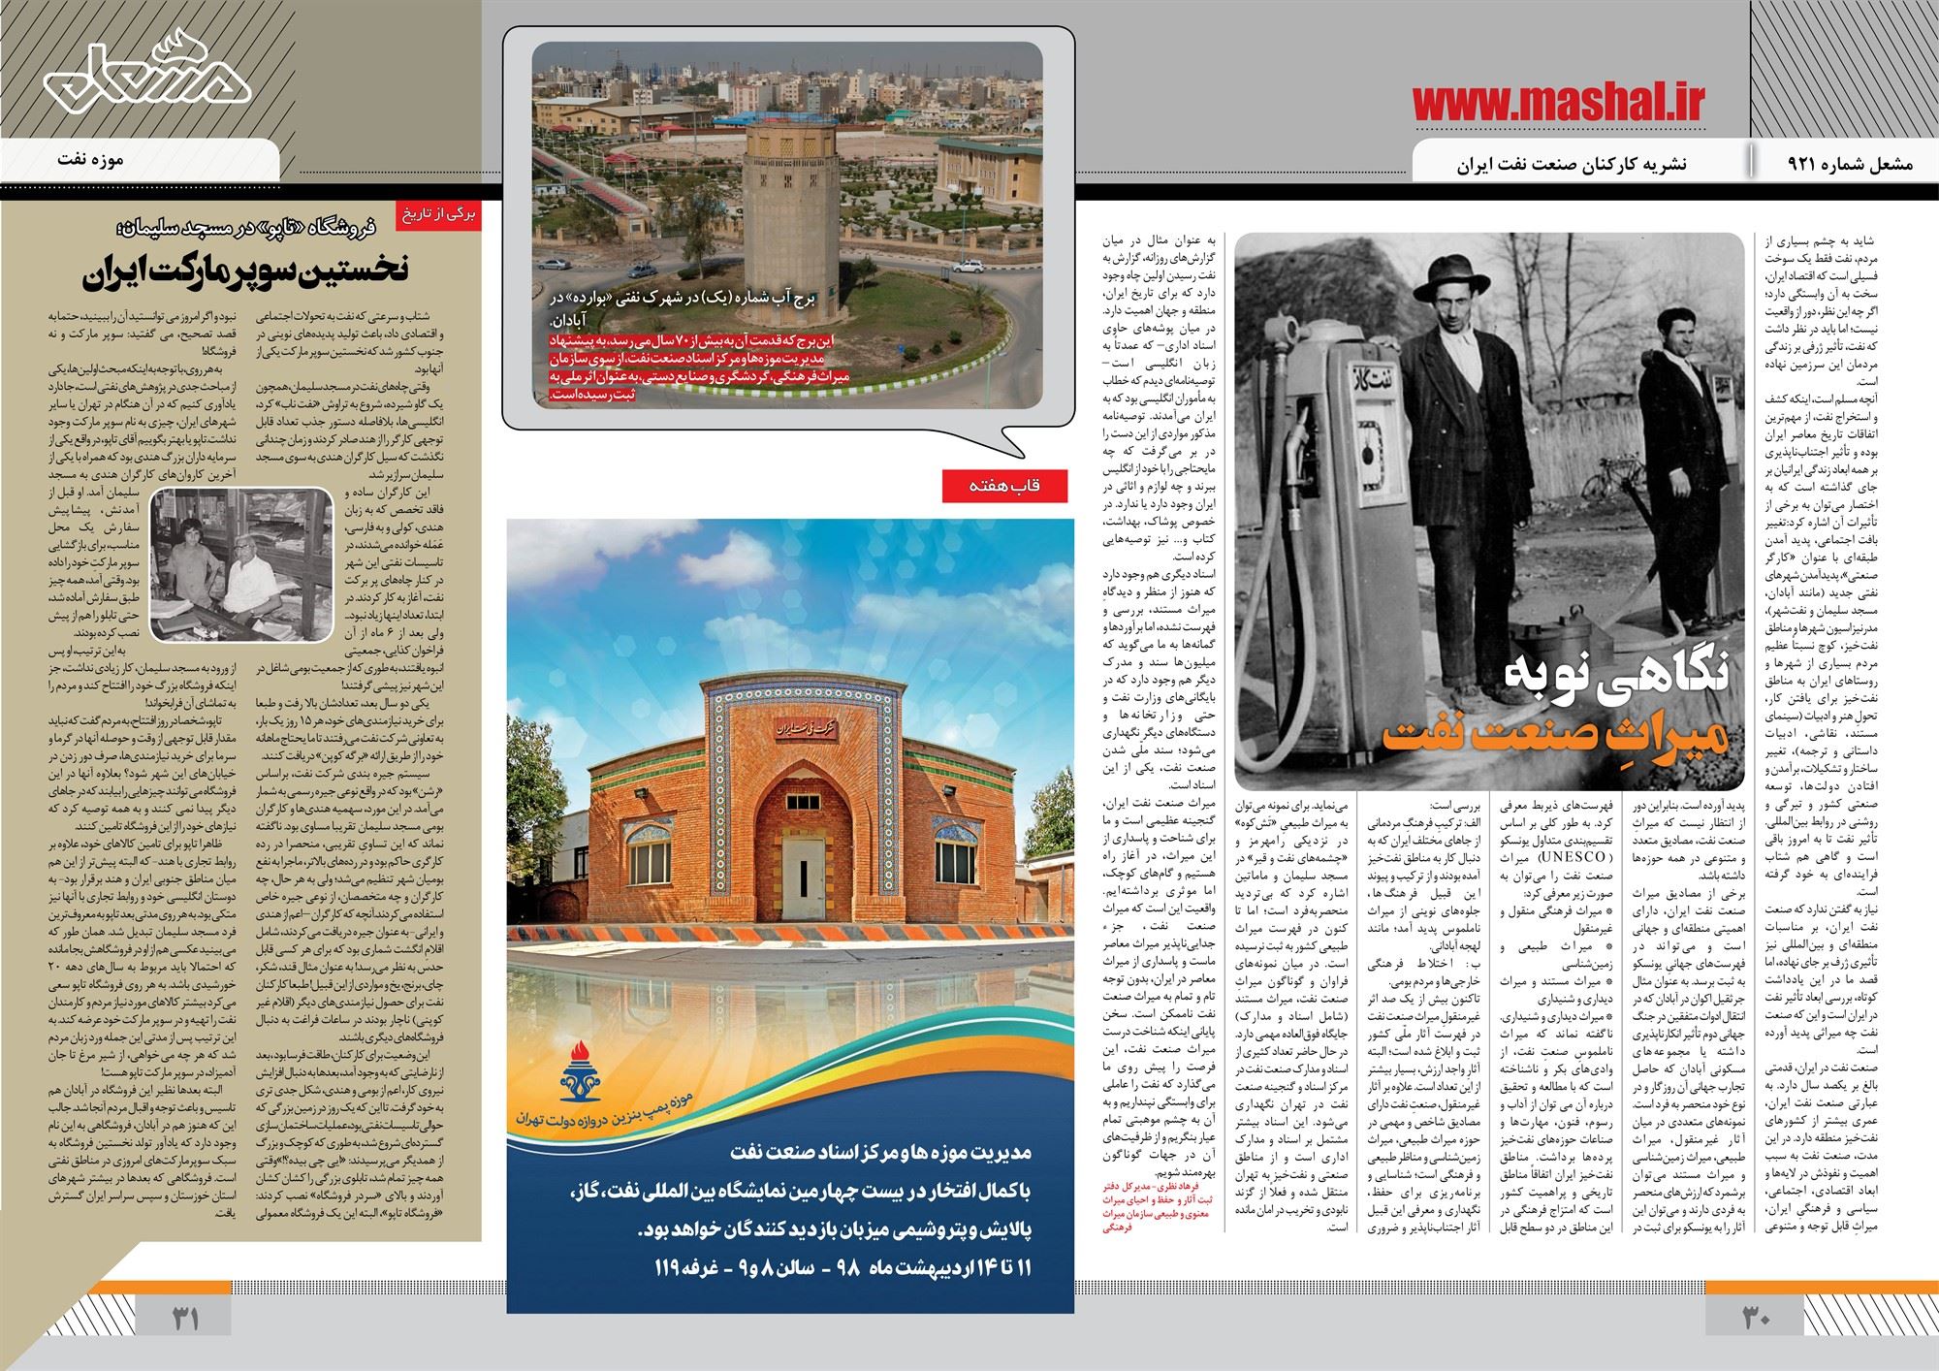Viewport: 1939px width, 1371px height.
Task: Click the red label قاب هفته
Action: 1003,487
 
